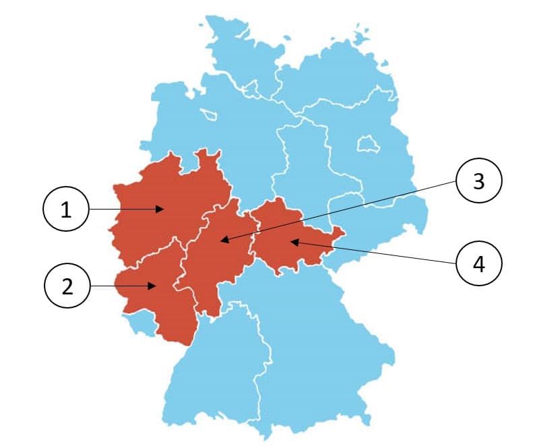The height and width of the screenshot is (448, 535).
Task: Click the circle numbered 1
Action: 66,210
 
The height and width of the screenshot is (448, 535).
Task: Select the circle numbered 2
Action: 67,286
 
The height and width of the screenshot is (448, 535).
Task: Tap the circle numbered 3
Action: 479,181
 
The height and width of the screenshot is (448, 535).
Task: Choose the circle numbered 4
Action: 479,263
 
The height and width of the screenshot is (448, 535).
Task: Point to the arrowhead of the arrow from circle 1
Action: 163,210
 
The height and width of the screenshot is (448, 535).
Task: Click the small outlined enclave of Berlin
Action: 367,143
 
